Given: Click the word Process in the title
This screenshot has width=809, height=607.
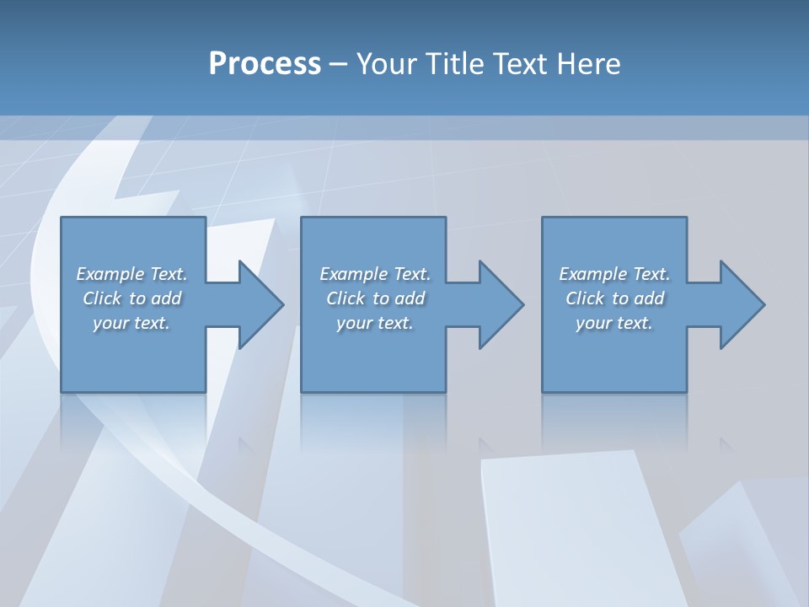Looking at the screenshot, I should pos(265,64).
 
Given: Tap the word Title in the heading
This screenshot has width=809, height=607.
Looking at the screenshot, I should pos(453,64).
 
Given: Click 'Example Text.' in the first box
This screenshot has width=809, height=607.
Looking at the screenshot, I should pos(132,274).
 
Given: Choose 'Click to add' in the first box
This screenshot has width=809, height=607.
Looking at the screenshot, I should pos(132,298).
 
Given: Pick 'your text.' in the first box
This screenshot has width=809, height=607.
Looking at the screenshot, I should pos(132,323).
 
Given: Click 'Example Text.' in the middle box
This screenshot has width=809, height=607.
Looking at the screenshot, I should pos(375,274).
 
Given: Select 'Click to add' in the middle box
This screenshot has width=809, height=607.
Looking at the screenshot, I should pos(375,298).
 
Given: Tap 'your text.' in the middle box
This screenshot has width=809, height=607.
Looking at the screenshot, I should pos(375,323).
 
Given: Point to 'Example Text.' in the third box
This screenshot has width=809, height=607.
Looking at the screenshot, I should pos(614,274).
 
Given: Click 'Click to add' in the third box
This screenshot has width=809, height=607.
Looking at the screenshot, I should pos(614,298).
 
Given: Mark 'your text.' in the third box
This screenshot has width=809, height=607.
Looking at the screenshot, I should pos(614,323).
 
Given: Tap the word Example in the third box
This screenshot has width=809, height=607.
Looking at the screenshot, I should pos(593,274).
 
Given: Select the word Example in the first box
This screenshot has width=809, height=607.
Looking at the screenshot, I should pos(110,274).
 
